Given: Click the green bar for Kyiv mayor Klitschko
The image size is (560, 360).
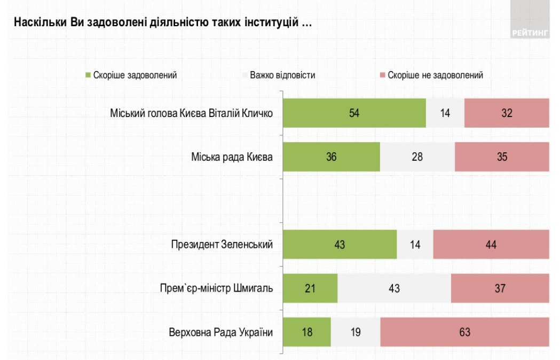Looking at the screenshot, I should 354,113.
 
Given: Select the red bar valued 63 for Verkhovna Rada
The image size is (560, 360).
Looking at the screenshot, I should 464,332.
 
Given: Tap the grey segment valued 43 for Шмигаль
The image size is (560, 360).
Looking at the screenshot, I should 394,288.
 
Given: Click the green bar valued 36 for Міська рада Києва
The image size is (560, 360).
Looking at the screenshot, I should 331,156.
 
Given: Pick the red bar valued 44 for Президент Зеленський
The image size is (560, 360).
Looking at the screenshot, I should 491,245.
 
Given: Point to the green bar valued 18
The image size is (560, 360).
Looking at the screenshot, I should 306,332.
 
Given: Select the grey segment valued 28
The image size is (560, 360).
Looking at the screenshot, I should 417,156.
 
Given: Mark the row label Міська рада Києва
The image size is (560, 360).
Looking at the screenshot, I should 232,156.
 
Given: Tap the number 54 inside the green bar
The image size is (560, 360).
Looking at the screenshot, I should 354,113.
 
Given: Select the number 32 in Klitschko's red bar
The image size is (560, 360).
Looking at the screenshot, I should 507,113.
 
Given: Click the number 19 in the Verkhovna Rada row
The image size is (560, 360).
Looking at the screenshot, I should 356,332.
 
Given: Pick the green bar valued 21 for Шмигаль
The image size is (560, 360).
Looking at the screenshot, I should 310,288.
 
